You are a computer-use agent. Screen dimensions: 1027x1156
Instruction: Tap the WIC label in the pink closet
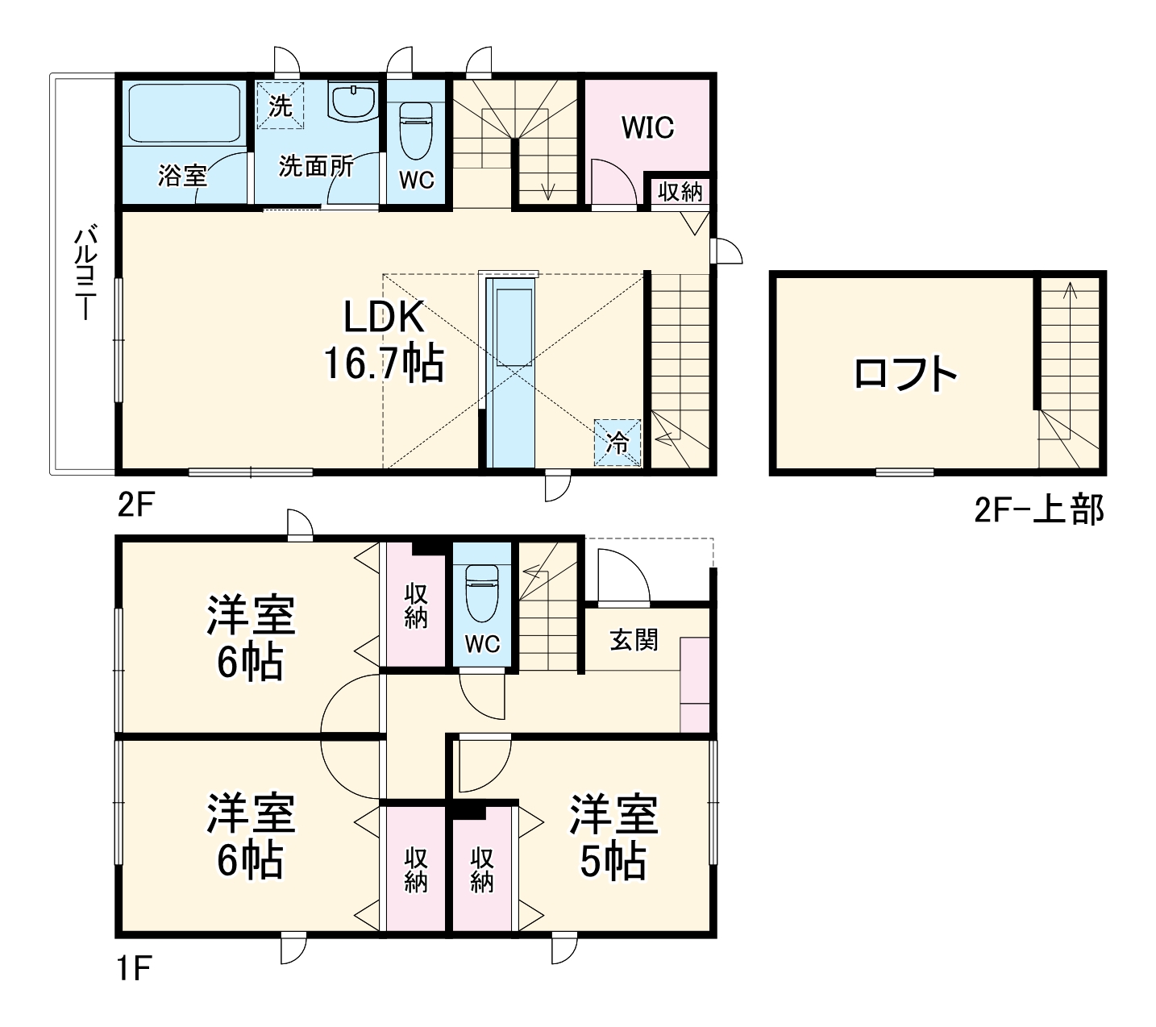click(647, 127)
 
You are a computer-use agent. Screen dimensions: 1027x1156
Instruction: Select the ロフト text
click(905, 374)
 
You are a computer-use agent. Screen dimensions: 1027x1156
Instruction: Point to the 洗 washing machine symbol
click(280, 106)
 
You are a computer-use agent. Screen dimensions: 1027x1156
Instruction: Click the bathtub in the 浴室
click(185, 113)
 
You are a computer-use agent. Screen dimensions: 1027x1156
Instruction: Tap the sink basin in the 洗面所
click(353, 101)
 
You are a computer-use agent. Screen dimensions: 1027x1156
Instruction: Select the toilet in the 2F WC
click(416, 129)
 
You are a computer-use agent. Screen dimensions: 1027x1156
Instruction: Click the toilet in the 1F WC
click(481, 592)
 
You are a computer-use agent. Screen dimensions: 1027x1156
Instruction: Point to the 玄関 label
click(634, 640)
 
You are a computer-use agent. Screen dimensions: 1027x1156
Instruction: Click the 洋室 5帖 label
click(613, 838)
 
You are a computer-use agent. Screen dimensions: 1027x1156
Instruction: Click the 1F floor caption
click(134, 968)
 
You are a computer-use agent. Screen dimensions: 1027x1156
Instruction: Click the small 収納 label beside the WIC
click(680, 192)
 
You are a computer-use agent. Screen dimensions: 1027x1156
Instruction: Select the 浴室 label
click(182, 175)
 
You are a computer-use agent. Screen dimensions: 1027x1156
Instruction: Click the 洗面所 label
click(316, 166)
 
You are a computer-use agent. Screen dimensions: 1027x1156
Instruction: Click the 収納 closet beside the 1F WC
click(416, 605)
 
